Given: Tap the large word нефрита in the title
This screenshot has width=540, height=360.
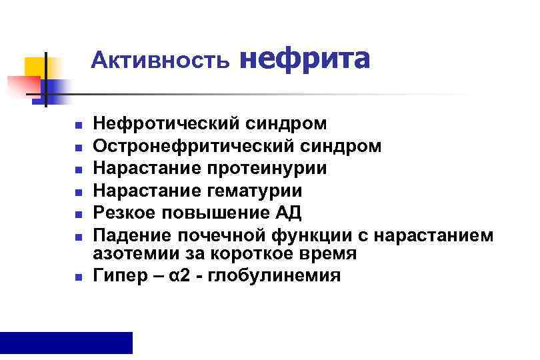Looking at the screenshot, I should pyautogui.click(x=304, y=59).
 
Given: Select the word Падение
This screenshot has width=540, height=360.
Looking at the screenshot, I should pyautogui.click(x=131, y=235).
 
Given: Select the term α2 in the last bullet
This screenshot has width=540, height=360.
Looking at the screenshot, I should pyautogui.click(x=177, y=276).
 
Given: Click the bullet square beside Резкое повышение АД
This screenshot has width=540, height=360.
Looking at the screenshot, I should pyautogui.click(x=78, y=215).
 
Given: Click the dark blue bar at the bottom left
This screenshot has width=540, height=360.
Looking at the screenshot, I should pyautogui.click(x=66, y=342).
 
